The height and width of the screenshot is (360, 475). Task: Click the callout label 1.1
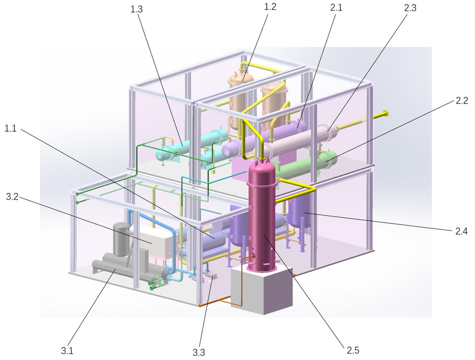10,129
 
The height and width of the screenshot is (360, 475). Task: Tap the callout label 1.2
270,7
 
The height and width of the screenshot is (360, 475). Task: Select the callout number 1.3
137,9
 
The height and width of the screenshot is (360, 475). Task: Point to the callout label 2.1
336,8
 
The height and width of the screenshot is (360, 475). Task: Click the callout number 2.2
462,101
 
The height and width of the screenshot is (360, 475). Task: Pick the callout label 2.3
410,8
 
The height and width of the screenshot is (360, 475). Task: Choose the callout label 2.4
462,231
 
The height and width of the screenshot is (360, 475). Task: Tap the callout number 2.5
353,351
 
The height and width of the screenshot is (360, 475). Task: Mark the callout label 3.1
67,351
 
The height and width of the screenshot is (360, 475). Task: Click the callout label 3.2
12,197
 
